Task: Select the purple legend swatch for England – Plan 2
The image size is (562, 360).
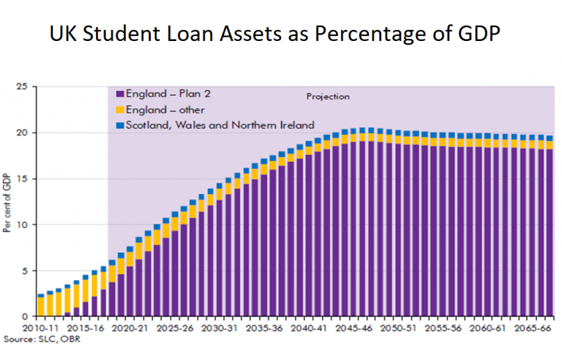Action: pyautogui.click(x=120, y=95)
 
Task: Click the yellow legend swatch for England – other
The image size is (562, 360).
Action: pyautogui.click(x=120, y=110)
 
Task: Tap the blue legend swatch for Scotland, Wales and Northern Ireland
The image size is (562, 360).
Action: pyautogui.click(x=120, y=125)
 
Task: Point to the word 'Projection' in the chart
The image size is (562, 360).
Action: pyautogui.click(x=327, y=97)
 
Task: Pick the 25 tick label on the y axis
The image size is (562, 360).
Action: pyautogui.click(x=23, y=87)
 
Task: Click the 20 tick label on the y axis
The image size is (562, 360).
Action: pyautogui.click(x=23, y=133)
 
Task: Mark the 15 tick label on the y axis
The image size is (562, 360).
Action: pyautogui.click(x=23, y=179)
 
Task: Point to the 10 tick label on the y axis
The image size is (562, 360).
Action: pyautogui.click(x=23, y=225)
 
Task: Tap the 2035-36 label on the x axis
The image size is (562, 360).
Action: pyautogui.click(x=266, y=331)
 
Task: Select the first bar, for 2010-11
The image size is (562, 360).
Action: pyautogui.click(x=40, y=305)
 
